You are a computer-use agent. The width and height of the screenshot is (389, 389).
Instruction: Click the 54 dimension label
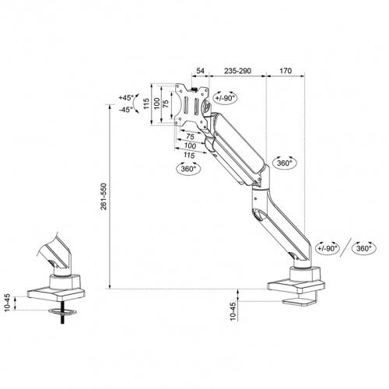200,71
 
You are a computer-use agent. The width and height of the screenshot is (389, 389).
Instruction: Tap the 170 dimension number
285,71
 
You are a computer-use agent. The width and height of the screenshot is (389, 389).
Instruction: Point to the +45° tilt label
127,98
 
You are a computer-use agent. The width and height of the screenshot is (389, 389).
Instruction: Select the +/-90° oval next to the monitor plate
227,100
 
